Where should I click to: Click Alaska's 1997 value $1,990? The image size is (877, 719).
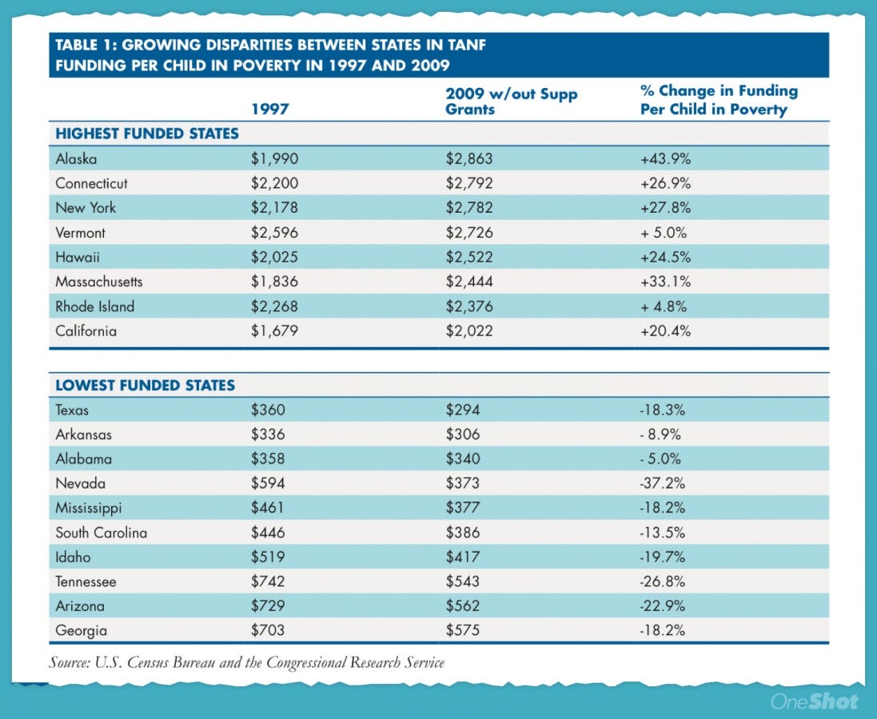pyautogui.click(x=274, y=159)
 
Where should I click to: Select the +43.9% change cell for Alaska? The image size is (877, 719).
pyautogui.click(x=666, y=159)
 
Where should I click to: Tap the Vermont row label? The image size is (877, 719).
pyautogui.click(x=80, y=233)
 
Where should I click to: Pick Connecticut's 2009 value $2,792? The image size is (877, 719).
pyautogui.click(x=469, y=183)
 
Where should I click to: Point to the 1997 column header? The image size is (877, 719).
pyautogui.click(x=270, y=109)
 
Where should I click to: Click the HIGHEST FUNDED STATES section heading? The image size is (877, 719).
pyautogui.click(x=147, y=134)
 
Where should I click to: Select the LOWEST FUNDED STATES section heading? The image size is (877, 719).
pyautogui.click(x=145, y=385)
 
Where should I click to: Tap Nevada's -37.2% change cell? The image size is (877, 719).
pyautogui.click(x=663, y=483)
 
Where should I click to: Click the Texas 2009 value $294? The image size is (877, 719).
pyautogui.click(x=463, y=410)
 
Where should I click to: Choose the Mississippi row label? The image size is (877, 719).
pyautogui.click(x=89, y=508)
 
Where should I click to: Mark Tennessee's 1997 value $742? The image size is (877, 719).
pyautogui.click(x=268, y=581)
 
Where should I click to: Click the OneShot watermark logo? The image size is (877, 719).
pyautogui.click(x=814, y=701)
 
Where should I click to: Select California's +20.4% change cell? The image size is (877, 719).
pyautogui.click(x=666, y=331)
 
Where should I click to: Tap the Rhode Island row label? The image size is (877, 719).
pyautogui.click(x=95, y=306)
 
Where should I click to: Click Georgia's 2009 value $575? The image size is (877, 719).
pyautogui.click(x=463, y=630)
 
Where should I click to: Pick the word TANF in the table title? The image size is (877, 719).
pyautogui.click(x=467, y=45)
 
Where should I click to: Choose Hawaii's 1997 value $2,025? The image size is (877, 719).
pyautogui.click(x=274, y=258)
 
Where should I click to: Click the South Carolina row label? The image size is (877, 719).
pyautogui.click(x=102, y=533)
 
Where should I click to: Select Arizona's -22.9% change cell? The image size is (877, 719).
pyautogui.click(x=663, y=606)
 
